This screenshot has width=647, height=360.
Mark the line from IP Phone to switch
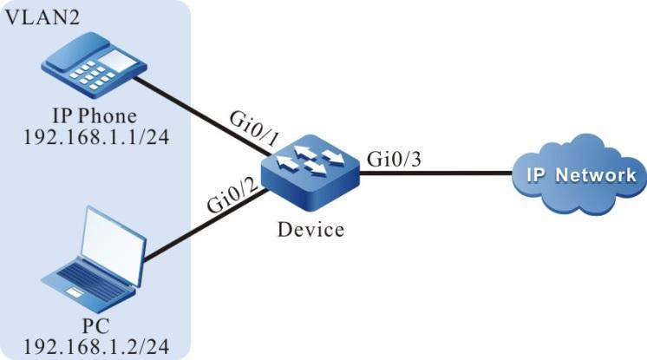[199, 117]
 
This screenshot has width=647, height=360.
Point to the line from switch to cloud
[434, 173]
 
